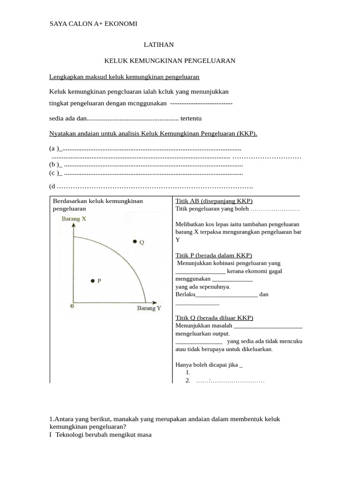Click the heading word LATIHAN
pyautogui.click(x=158, y=45)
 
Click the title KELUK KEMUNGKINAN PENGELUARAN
pyautogui.click(x=170, y=61)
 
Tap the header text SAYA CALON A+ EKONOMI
pyautogui.click(x=93, y=24)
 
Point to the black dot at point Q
pyautogui.click(x=135, y=241)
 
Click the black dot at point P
pyautogui.click(x=92, y=281)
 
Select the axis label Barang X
pyautogui.click(x=74, y=218)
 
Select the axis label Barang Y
pyautogui.click(x=149, y=308)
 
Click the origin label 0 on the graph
pyautogui.click(x=72, y=306)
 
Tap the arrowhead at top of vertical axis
pyautogui.click(x=74, y=225)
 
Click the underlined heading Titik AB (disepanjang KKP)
pyautogui.click(x=214, y=201)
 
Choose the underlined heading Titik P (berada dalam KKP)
pyautogui.click(x=214, y=255)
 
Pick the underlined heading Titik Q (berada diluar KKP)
pyautogui.click(x=214, y=318)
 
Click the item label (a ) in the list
pyautogui.click(x=55, y=149)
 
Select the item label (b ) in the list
pyautogui.click(x=55, y=165)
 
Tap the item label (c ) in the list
pyautogui.click(x=55, y=172)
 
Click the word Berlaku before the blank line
pyautogui.click(x=185, y=294)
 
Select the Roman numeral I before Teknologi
pyautogui.click(x=51, y=435)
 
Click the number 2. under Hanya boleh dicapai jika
pyautogui.click(x=188, y=380)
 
